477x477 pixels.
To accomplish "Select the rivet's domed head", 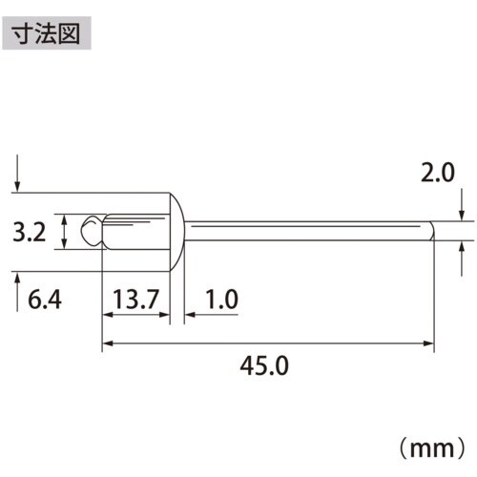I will coord(177,228).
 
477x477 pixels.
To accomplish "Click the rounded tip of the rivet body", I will coord(91,231).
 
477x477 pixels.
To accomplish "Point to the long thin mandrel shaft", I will coord(305,229).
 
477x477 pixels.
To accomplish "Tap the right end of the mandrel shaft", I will coord(432,229).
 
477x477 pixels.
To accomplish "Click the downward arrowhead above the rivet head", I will coord(17,185).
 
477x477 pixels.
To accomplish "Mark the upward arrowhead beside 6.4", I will coord(17,276).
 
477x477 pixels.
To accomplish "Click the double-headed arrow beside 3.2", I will coord(64,231).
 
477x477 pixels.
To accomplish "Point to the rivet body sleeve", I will coord(134,231).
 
